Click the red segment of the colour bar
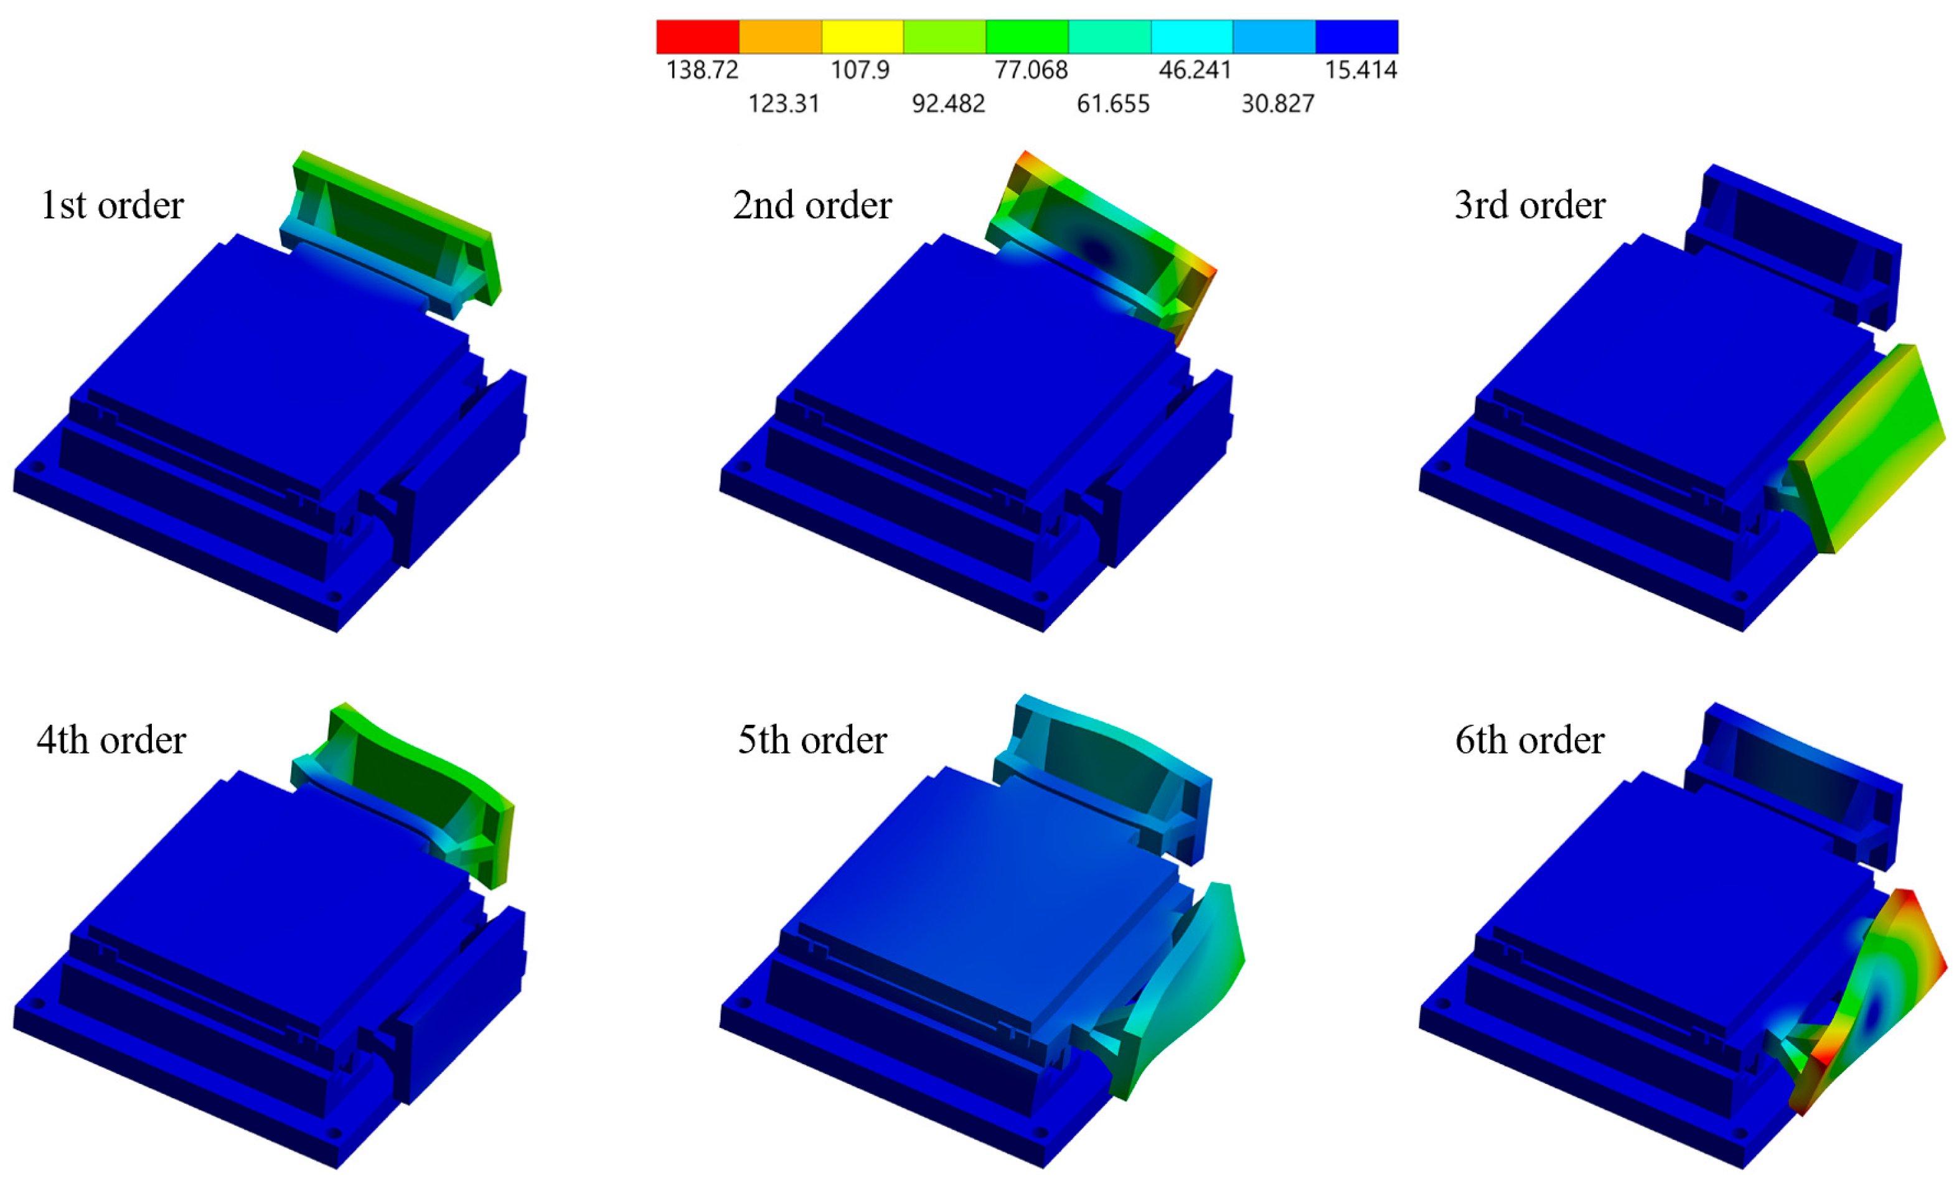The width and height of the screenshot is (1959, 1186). [x=697, y=37]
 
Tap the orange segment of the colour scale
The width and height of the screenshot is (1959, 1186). [x=780, y=37]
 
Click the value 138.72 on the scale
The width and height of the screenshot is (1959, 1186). [x=702, y=70]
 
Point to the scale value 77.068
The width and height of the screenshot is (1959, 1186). [x=1031, y=70]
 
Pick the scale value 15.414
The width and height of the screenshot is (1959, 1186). [x=1360, y=70]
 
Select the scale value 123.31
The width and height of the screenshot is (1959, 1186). [x=784, y=103]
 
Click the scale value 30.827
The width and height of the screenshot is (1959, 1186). [x=1277, y=103]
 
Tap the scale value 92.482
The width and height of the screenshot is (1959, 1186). [x=949, y=103]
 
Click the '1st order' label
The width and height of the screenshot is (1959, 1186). [x=112, y=205]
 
